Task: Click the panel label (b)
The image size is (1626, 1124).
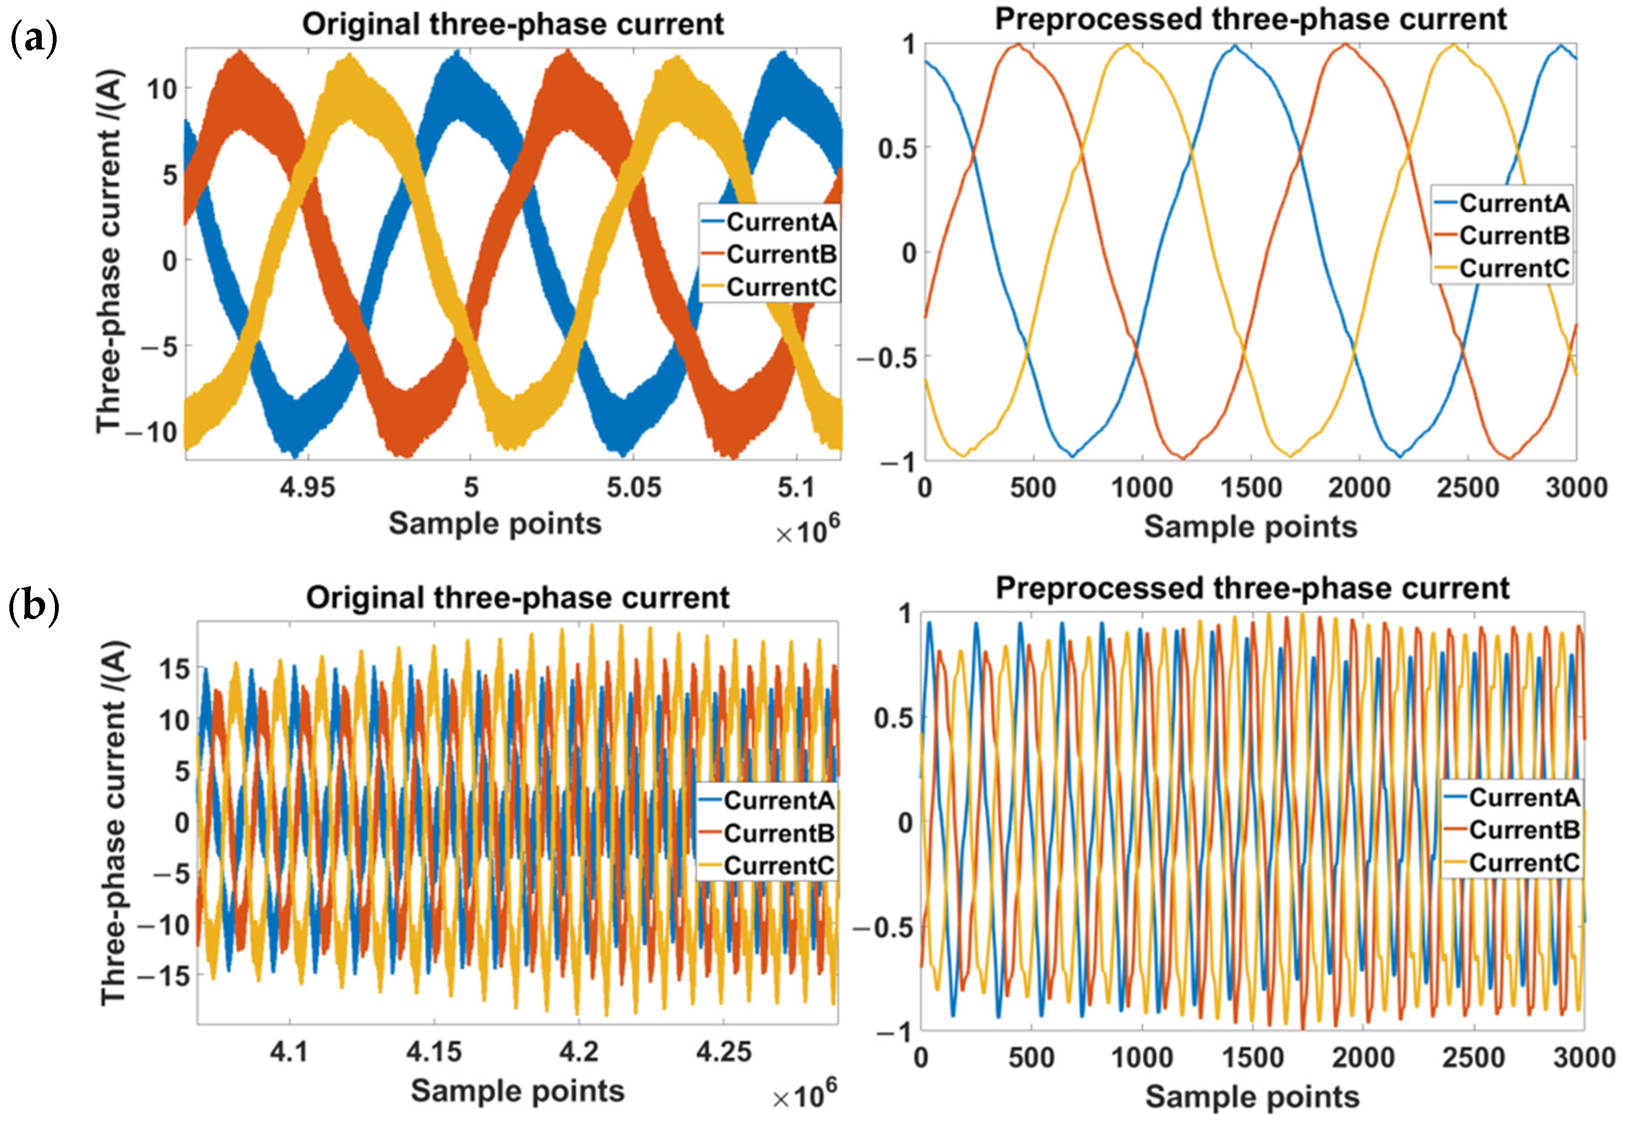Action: point(33,606)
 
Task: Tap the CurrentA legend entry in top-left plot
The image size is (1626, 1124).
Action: point(781,222)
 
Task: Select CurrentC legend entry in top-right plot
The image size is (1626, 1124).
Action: point(1514,268)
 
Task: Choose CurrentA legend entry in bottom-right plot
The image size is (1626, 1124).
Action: point(1524,797)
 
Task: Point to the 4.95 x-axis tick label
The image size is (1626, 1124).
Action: point(307,487)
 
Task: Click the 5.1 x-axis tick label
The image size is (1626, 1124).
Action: point(796,487)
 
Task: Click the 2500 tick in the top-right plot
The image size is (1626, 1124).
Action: point(1468,488)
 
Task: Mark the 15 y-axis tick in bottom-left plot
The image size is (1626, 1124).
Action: point(174,669)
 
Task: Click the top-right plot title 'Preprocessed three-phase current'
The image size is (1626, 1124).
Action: point(1251,19)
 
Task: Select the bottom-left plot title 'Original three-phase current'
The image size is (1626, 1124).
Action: point(518,598)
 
